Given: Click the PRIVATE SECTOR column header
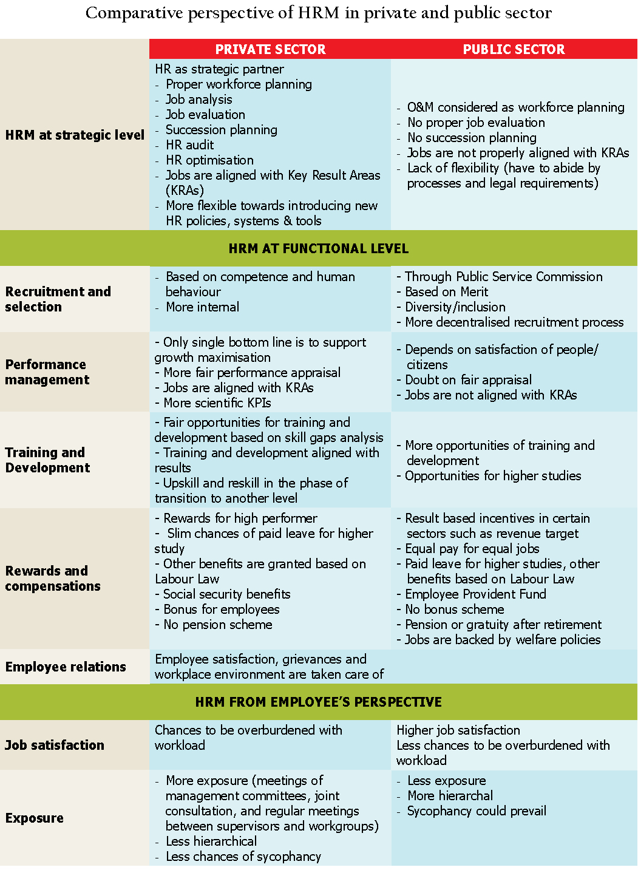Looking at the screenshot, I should click(270, 49).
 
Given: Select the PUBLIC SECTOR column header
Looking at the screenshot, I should click(514, 49).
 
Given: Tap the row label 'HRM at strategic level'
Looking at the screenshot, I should click(75, 135).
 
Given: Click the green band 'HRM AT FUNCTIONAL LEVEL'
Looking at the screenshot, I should click(319, 248).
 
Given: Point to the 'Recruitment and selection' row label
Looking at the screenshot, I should click(58, 299).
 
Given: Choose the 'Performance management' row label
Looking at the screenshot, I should click(47, 372).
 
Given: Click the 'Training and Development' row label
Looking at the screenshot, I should click(47, 460).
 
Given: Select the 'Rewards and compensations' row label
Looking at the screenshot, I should click(53, 578).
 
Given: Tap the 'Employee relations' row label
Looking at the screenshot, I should click(66, 667).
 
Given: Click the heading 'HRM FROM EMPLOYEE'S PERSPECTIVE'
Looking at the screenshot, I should click(319, 702).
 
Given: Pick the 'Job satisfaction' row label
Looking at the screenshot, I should click(55, 745).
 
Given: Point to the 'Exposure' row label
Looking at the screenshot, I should click(35, 818).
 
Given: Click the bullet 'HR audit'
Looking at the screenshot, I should click(189, 144).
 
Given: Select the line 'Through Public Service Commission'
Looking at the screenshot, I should click(503, 276).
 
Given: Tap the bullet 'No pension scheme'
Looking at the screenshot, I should click(217, 624).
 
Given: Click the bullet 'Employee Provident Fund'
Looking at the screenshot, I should click(475, 594).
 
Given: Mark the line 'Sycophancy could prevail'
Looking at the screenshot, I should click(477, 811).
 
